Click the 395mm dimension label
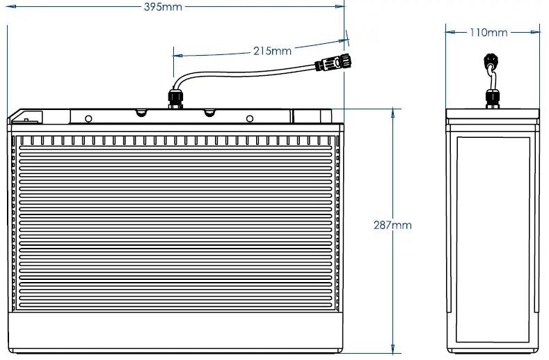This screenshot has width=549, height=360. click(164, 6)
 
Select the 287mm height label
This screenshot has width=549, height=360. click(392, 225)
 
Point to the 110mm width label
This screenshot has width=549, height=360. click(488, 32)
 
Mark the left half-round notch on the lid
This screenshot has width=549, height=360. click(141, 112)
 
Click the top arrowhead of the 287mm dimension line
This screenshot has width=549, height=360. click(394, 111)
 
